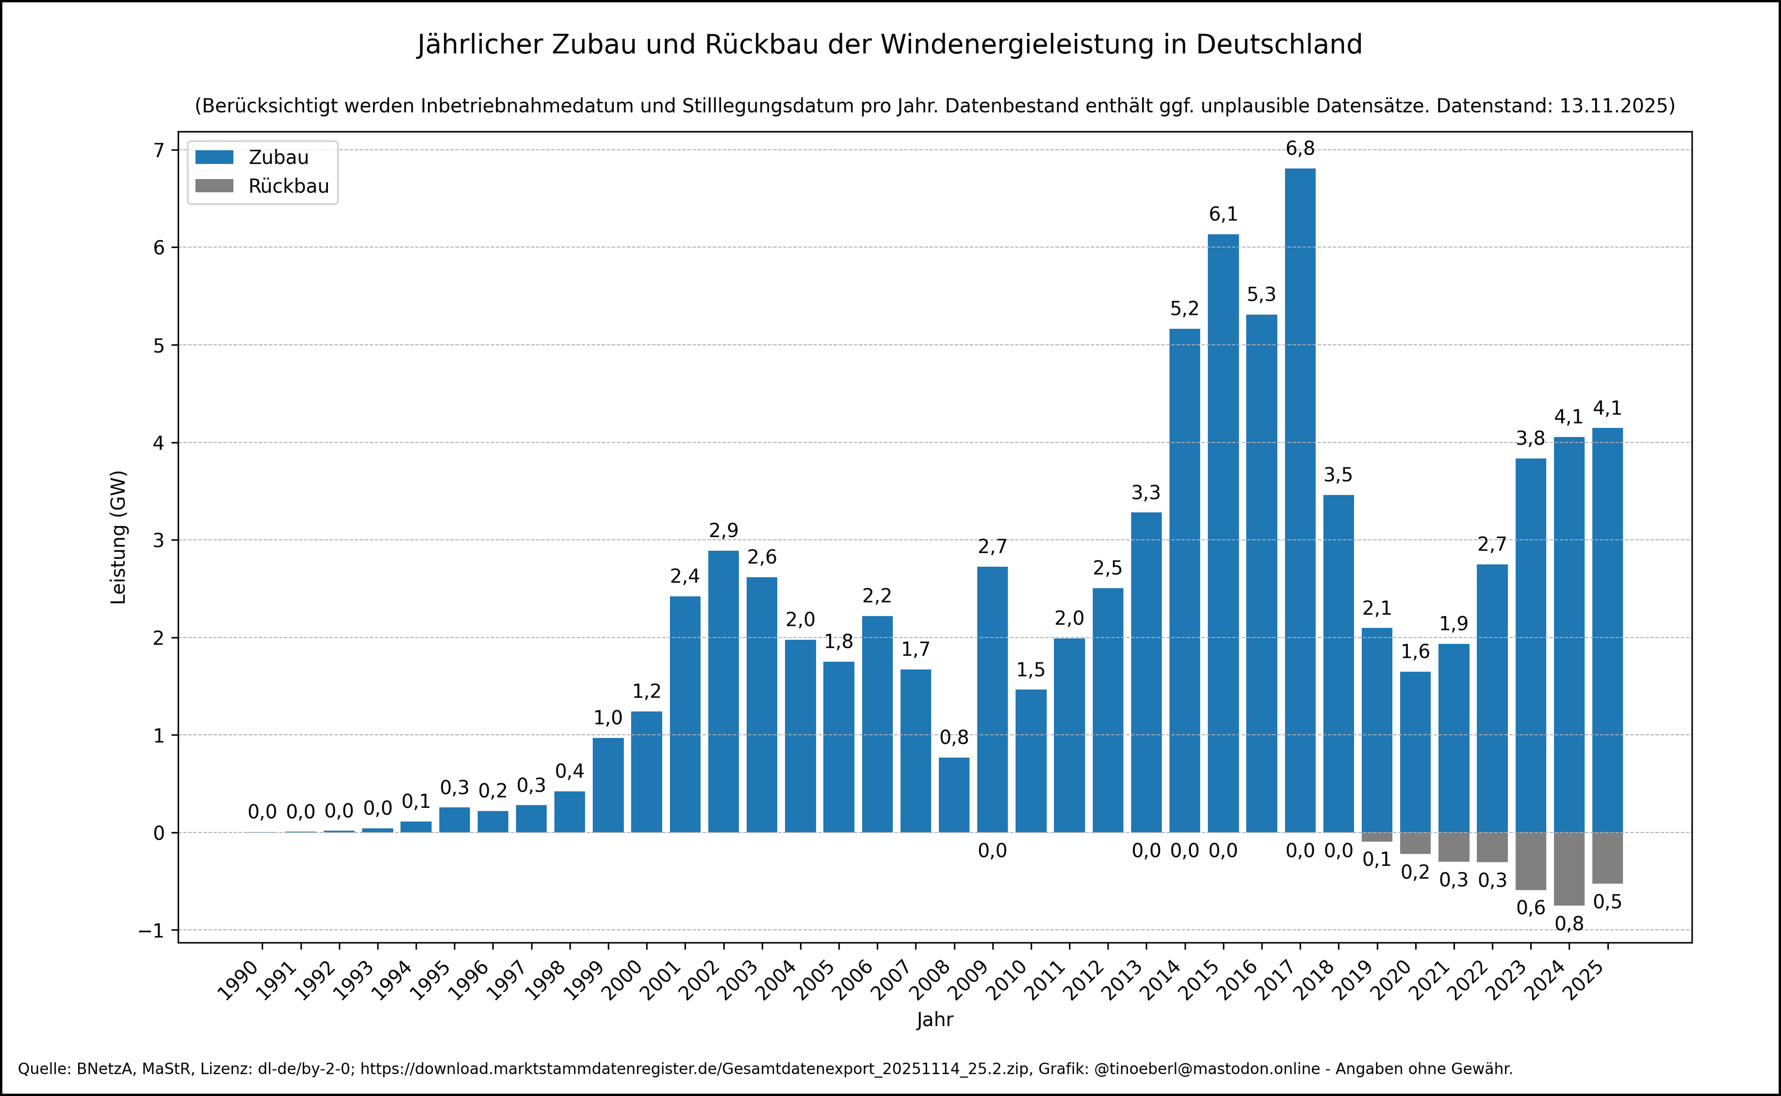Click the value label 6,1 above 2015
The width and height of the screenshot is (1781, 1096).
1223,214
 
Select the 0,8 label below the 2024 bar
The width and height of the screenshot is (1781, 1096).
1569,923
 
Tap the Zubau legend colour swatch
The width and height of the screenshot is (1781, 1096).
214,157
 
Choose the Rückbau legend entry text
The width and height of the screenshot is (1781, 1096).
289,186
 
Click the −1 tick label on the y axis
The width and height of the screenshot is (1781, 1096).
151,931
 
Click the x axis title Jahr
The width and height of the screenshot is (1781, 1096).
934,1020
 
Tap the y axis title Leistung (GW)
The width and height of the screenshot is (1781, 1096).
118,537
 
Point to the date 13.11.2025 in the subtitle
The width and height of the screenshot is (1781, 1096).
1617,106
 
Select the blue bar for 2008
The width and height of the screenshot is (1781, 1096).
954,795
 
